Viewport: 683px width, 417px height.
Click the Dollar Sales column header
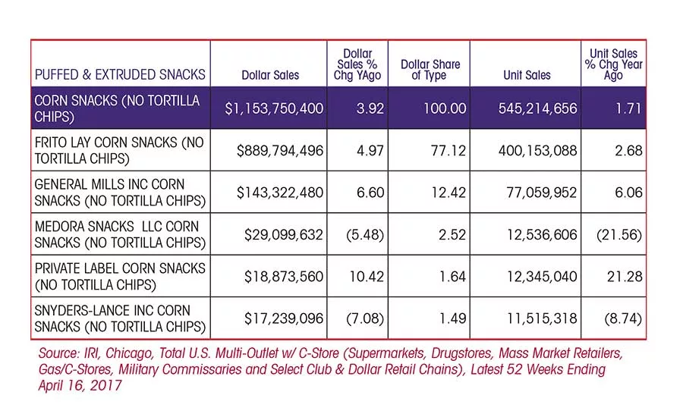point(270,75)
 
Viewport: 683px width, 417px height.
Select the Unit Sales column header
point(527,75)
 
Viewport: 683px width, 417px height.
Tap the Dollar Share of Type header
point(430,70)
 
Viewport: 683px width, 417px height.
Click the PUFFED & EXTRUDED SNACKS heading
point(120,75)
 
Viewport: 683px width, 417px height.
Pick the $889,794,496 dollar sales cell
point(279,151)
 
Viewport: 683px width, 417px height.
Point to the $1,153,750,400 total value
point(274,108)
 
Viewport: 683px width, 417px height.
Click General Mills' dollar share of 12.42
point(449,193)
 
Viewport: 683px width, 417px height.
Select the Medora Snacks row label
point(120,234)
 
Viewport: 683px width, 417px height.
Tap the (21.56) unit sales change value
point(619,235)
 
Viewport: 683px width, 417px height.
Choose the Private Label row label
point(120,277)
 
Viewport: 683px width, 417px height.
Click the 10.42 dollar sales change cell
point(367,277)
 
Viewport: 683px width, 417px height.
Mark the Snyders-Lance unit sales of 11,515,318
point(542,318)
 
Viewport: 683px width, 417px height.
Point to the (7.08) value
point(365,319)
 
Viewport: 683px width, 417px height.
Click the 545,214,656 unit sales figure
point(537,108)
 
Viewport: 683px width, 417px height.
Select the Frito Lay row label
point(119,150)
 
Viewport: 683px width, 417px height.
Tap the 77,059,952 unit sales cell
point(541,193)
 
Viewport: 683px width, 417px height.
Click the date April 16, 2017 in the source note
point(80,386)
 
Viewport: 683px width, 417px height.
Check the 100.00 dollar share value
point(445,108)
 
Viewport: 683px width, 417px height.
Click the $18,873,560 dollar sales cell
point(284,277)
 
